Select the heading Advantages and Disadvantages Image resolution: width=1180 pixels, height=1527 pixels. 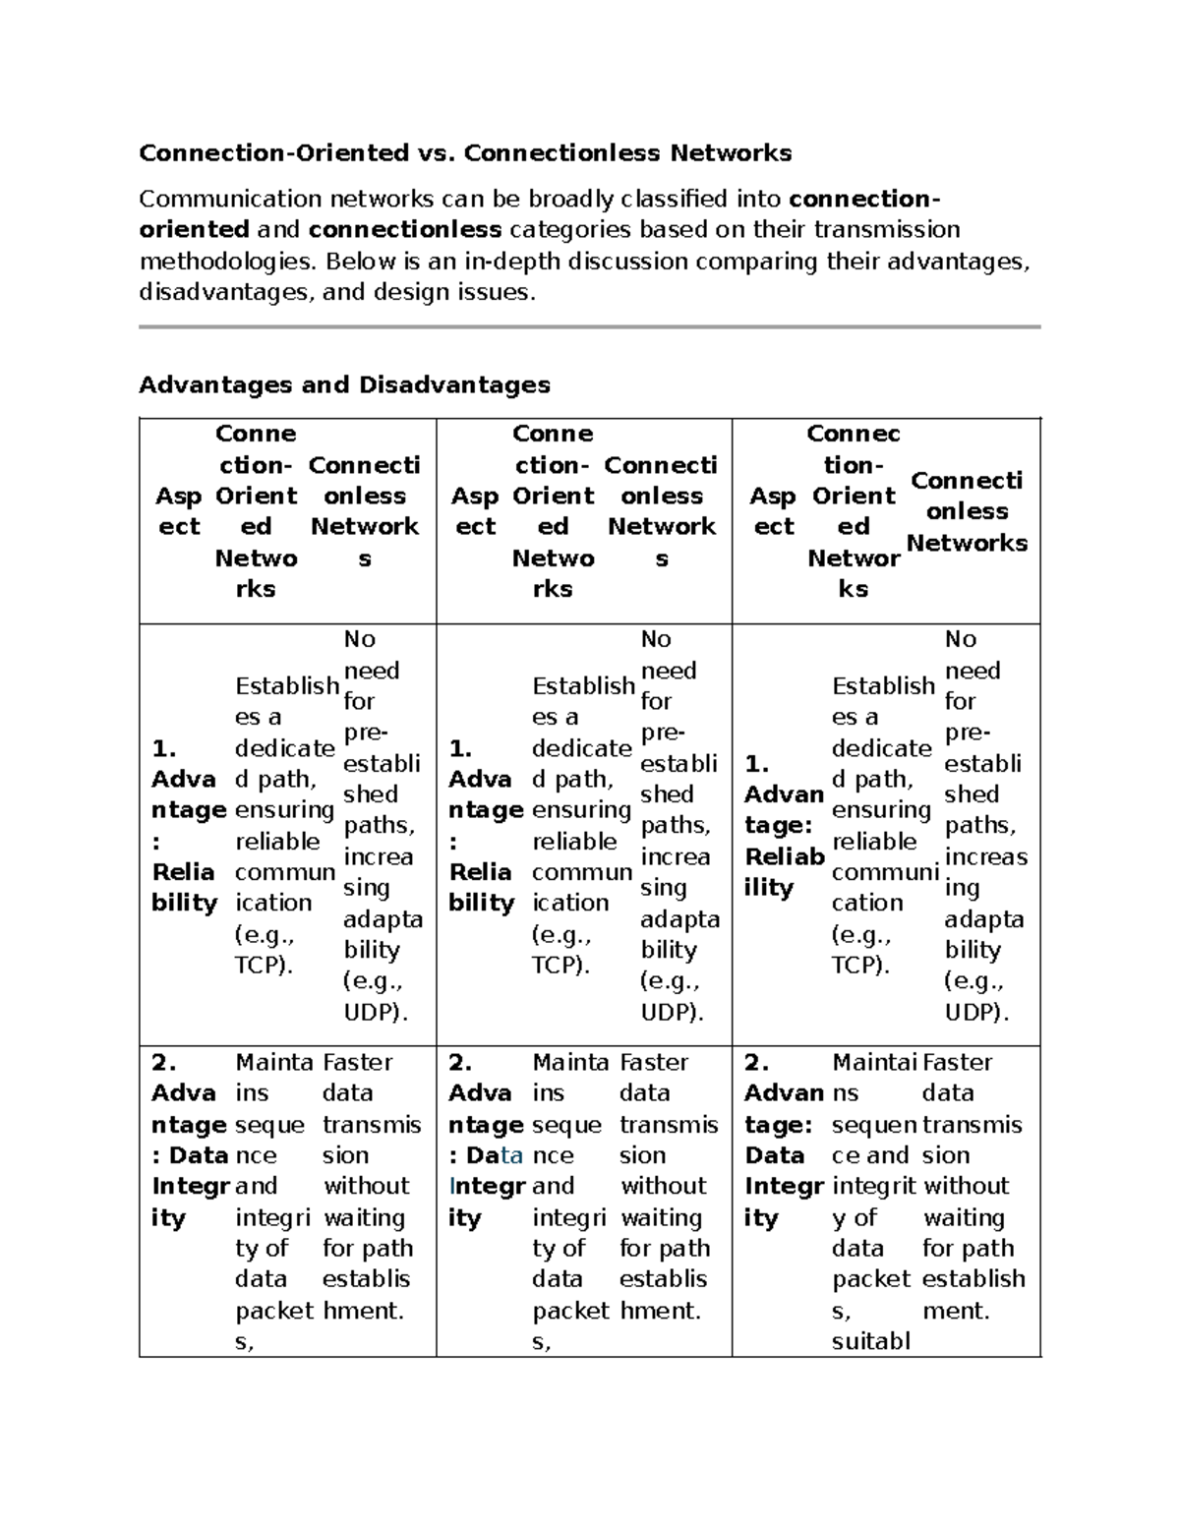point(344,384)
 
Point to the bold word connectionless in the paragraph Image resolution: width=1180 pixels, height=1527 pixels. point(405,230)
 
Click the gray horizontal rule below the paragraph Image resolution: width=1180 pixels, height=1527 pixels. point(589,326)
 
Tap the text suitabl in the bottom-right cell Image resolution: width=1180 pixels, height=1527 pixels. point(871,1341)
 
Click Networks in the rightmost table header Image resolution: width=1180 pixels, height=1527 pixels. point(967,543)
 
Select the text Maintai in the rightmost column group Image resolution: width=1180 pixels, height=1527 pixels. point(874,1062)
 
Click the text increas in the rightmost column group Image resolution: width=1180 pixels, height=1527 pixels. point(985,856)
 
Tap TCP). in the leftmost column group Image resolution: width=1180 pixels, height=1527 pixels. point(264,966)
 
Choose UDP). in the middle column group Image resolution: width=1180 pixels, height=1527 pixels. point(672,1012)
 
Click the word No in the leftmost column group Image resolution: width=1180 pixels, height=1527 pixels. point(359,639)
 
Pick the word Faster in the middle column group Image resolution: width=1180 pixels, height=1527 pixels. point(654,1062)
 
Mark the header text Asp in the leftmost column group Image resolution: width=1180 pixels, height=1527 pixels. point(178,497)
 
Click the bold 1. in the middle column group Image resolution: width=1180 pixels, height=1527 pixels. point(460,748)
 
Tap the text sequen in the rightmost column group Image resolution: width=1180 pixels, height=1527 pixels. point(874,1125)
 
